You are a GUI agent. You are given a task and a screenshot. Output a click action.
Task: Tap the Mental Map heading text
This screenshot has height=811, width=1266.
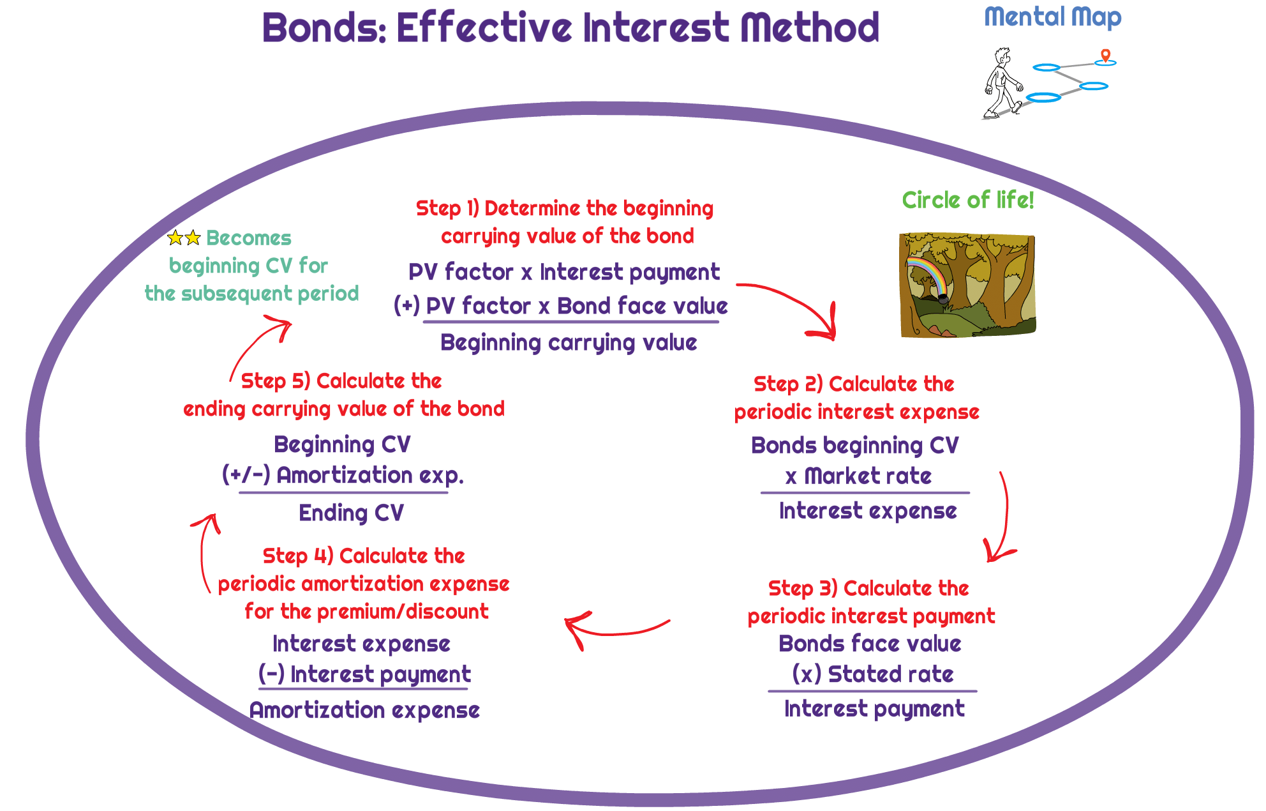tap(1052, 17)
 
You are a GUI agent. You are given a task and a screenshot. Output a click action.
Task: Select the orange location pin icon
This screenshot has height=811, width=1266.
tap(1106, 56)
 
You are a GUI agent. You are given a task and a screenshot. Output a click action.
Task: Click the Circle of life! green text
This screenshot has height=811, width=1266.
tap(967, 201)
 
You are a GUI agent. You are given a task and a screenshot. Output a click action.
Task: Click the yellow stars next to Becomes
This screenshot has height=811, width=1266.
tap(184, 238)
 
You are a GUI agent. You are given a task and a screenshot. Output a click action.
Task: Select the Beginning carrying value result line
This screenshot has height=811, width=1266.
tap(568, 343)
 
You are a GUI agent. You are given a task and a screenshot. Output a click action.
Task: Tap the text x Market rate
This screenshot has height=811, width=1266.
tap(858, 476)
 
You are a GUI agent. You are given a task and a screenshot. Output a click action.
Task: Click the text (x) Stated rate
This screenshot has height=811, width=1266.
tap(872, 674)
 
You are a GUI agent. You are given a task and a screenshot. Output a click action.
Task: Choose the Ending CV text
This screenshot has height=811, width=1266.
tap(351, 513)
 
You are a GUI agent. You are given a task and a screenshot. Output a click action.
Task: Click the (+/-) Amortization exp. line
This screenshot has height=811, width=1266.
tap(343, 476)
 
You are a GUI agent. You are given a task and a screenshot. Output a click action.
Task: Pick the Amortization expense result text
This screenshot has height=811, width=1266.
tap(364, 710)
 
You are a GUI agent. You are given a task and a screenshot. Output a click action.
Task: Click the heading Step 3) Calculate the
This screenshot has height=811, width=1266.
tap(868, 588)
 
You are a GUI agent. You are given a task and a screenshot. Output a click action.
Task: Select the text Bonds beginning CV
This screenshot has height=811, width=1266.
tap(854, 446)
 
